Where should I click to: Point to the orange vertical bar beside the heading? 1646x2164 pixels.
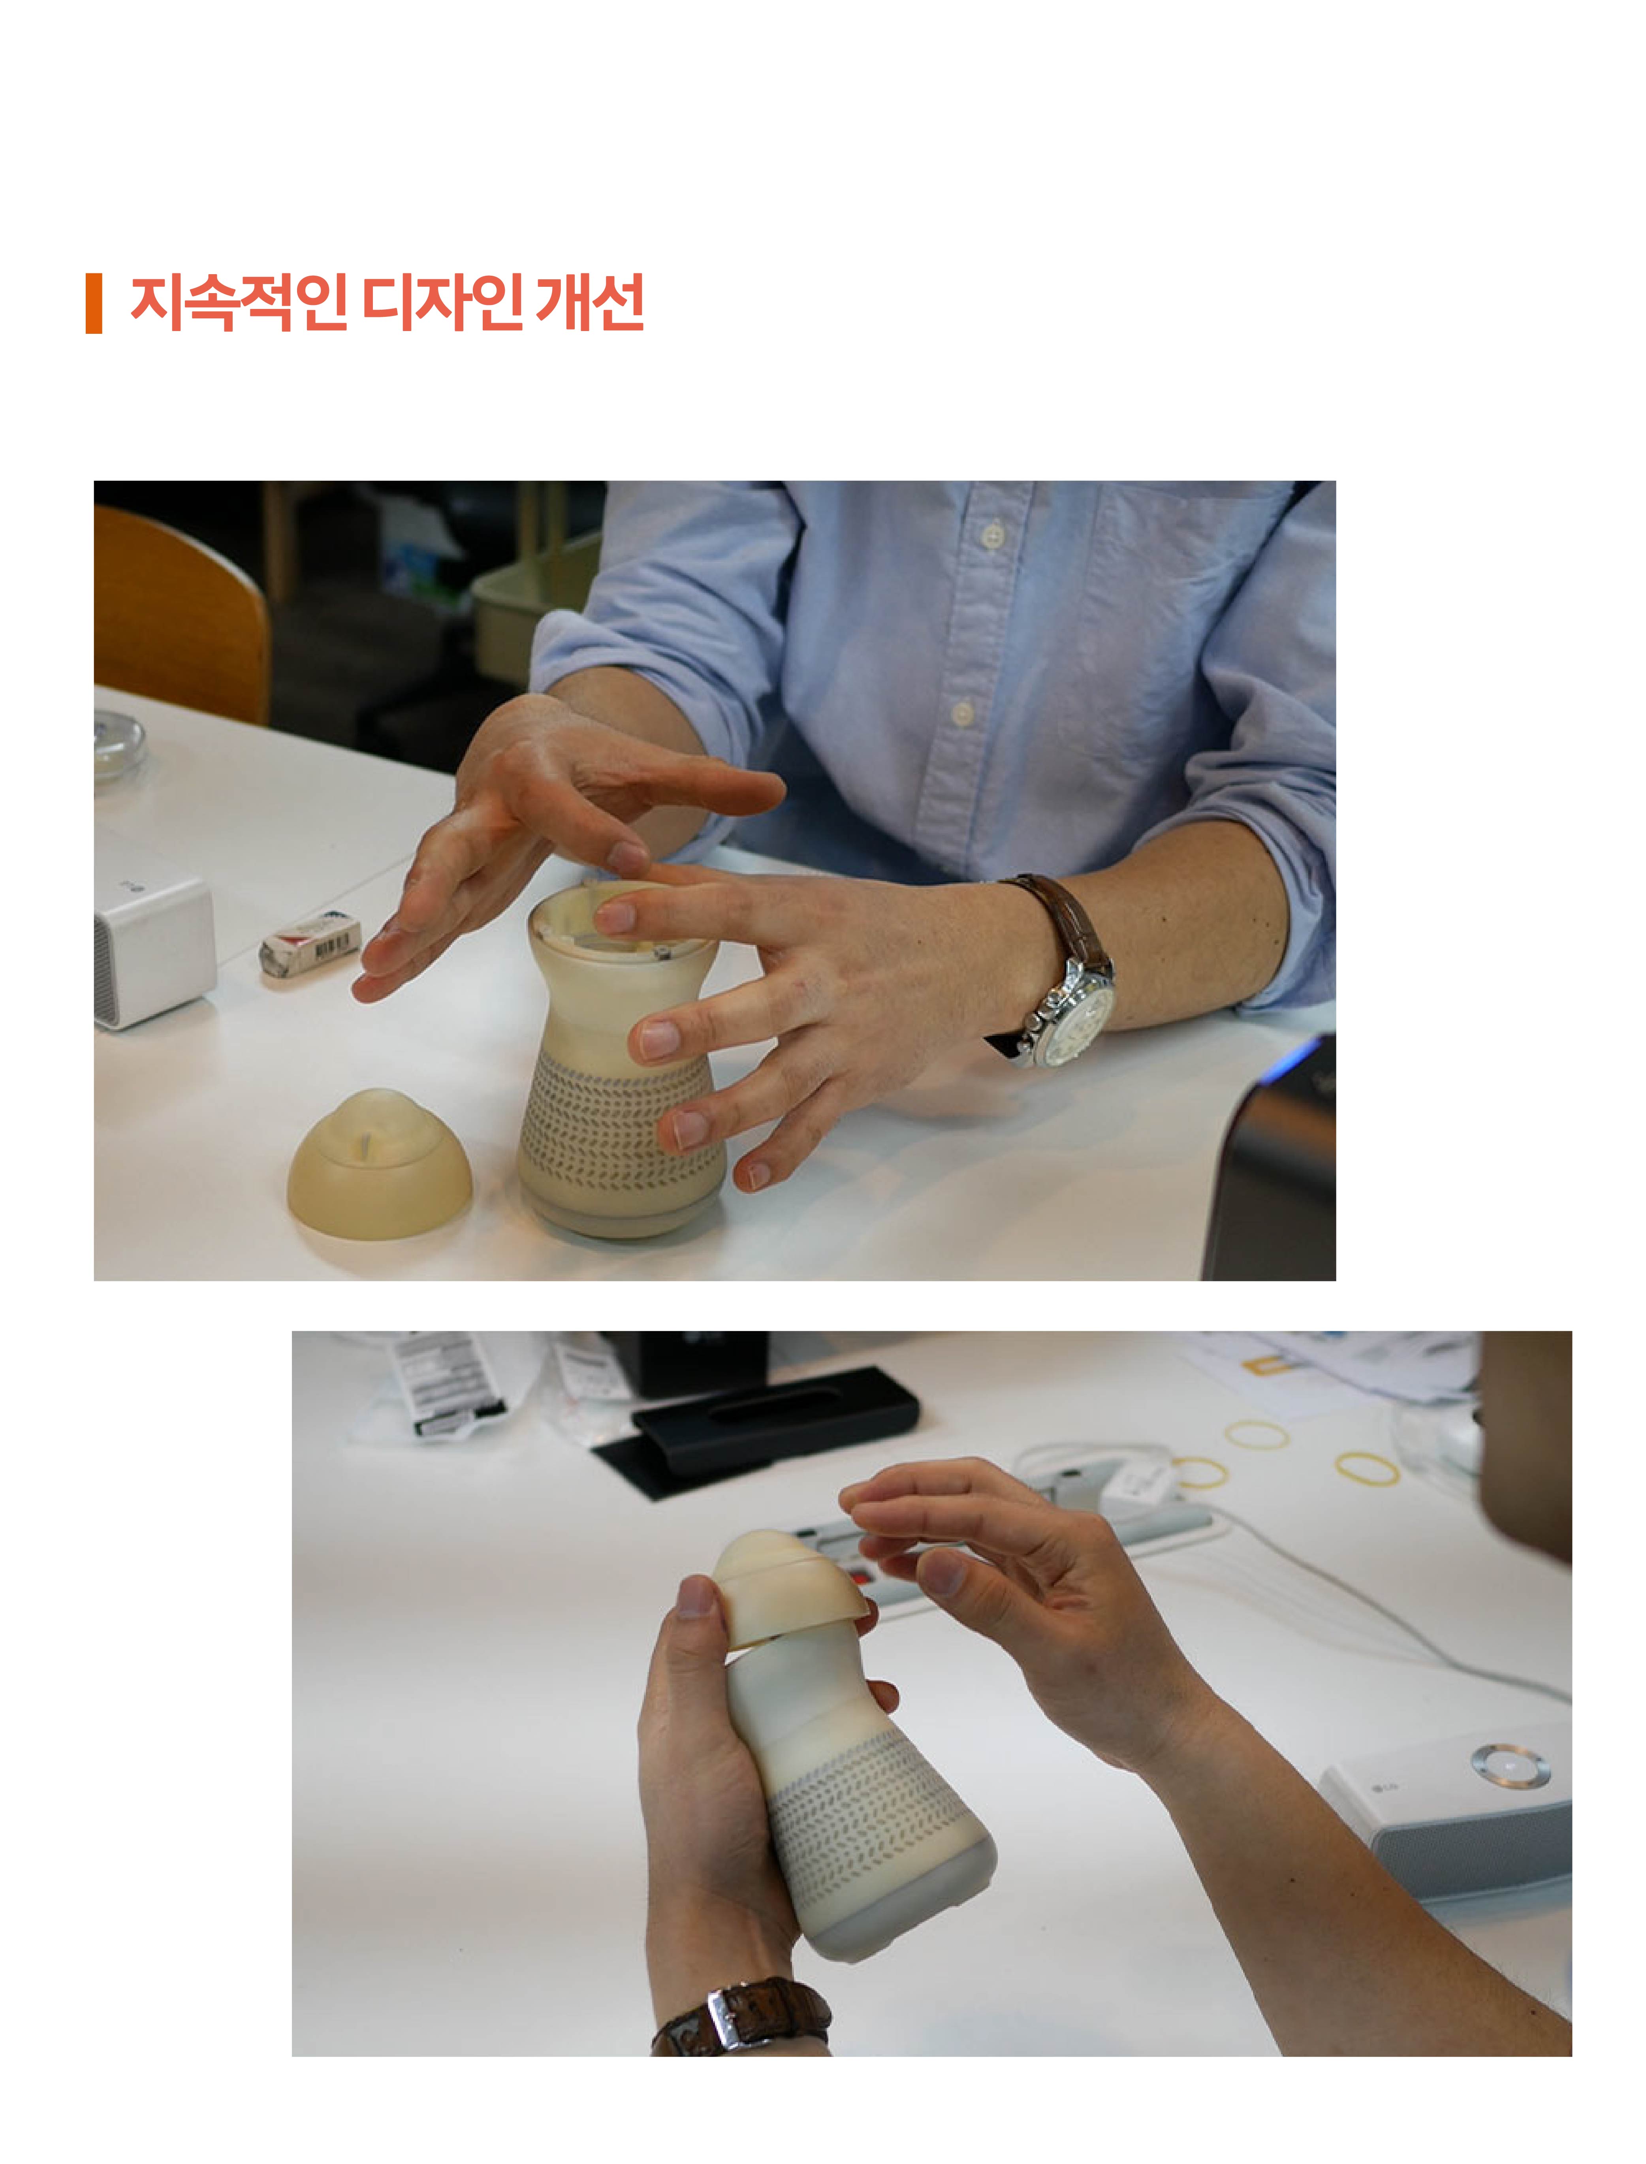(94, 304)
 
